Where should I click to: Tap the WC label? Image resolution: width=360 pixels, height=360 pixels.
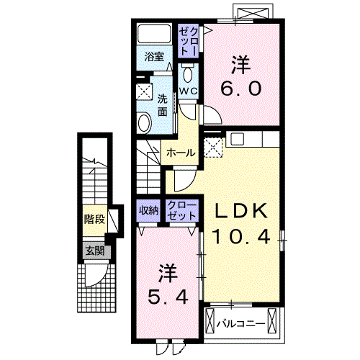(x=187, y=91)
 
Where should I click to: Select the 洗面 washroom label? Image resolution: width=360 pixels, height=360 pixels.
(x=163, y=105)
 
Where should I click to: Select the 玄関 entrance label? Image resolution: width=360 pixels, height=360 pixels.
(x=94, y=251)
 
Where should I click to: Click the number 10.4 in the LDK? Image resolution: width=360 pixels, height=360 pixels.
(x=241, y=235)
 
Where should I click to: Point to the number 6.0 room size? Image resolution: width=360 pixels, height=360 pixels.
(x=241, y=91)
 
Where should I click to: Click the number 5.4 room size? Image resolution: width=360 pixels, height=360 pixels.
(x=168, y=295)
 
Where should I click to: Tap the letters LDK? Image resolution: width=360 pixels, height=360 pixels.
(x=241, y=210)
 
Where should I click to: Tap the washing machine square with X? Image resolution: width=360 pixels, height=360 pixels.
(x=144, y=93)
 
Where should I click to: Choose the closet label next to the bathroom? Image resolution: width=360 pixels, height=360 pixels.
(x=186, y=40)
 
